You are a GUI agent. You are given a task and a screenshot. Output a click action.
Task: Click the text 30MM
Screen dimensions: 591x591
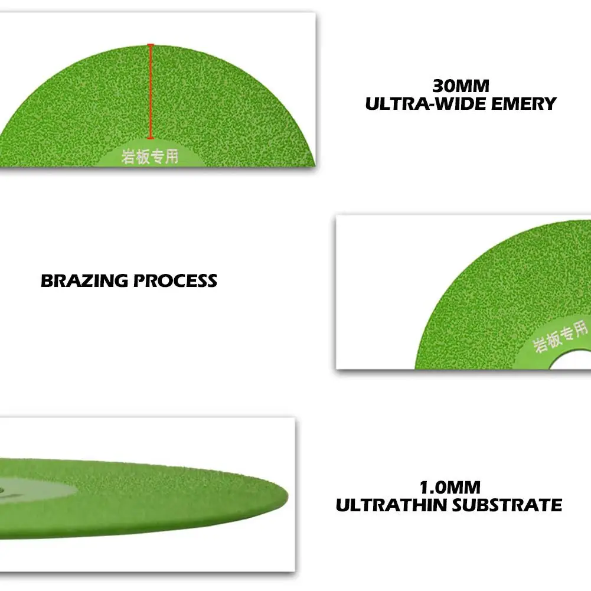pyautogui.click(x=461, y=86)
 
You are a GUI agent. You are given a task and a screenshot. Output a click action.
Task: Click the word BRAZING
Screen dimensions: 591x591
pyautogui.click(x=84, y=281)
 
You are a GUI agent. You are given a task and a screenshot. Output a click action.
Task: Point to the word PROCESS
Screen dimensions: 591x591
pyautogui.click(x=175, y=281)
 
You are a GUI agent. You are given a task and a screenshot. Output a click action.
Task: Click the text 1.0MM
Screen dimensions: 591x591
pyautogui.click(x=450, y=487)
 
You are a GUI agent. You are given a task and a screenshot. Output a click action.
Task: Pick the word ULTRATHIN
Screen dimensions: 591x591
pyautogui.click(x=391, y=505)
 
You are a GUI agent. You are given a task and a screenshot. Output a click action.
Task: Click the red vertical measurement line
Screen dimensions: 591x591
pyautogui.click(x=151, y=92)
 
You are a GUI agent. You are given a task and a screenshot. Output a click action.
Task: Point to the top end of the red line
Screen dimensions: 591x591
pyautogui.click(x=151, y=44)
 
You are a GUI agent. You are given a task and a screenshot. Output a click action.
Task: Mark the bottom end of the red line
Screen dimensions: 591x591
pyautogui.click(x=151, y=138)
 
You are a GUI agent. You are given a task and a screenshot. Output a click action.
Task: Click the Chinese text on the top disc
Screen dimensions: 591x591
pyautogui.click(x=150, y=156)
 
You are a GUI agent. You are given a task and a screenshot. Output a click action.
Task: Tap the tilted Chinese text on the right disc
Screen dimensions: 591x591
pyautogui.click(x=560, y=337)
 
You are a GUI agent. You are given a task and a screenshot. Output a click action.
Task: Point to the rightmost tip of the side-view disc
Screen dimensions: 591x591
pyautogui.click(x=288, y=496)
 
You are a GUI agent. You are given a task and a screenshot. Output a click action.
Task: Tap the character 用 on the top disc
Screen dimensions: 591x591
pyautogui.click(x=172, y=156)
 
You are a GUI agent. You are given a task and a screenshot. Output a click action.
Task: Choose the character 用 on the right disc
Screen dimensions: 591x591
pyautogui.click(x=581, y=328)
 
